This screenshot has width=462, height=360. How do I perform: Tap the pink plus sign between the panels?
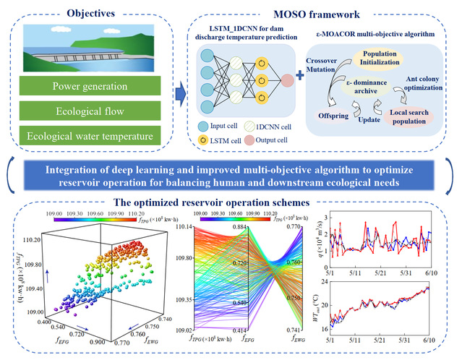[300, 78]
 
